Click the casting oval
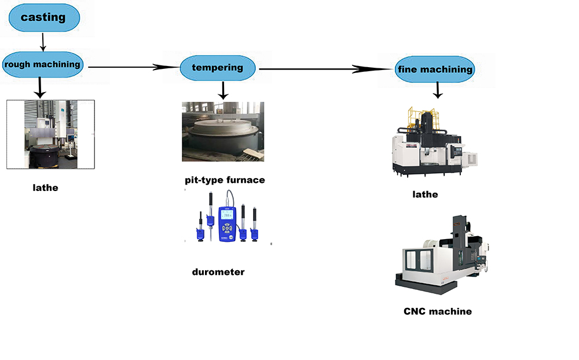point(43,17)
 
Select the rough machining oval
point(42,64)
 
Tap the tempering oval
point(217,68)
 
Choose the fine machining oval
point(434,69)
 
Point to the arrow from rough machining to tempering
point(133,67)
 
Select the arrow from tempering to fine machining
point(324,69)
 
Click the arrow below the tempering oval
point(223,90)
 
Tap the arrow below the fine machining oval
point(438,90)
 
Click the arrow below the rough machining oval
point(39,87)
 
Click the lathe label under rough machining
point(46,188)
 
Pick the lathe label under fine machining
point(425,194)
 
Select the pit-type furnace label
point(225,180)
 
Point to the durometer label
point(218,271)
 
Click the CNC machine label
point(438,311)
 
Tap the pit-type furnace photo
point(223,131)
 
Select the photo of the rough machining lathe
point(50,134)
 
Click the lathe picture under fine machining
point(433,142)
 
